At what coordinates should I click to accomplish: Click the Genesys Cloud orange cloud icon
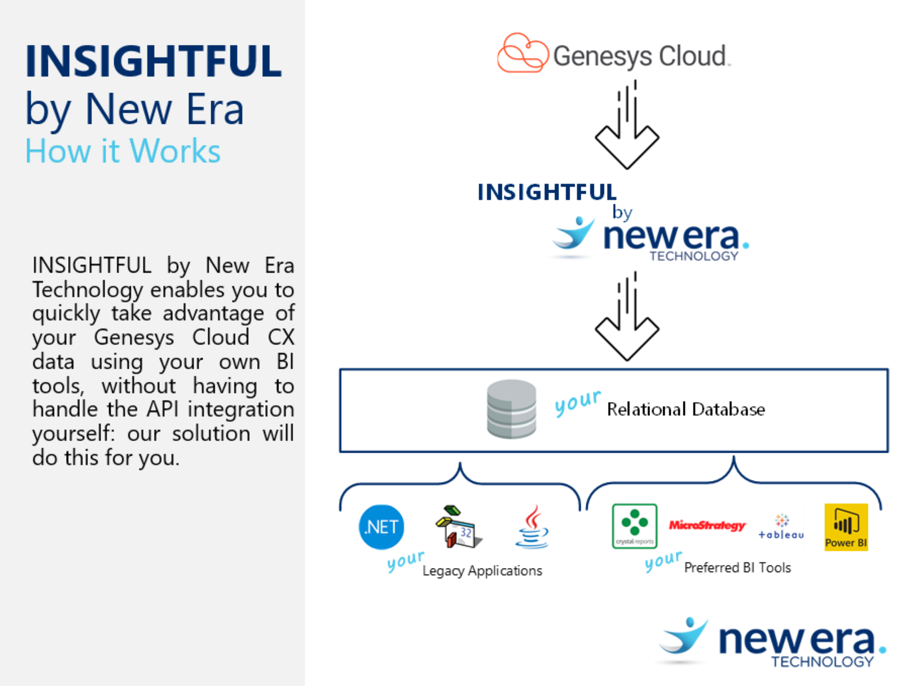(523, 53)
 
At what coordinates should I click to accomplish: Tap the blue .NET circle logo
(381, 527)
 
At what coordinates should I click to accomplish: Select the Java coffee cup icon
(532, 527)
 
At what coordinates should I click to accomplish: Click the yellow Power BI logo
(846, 527)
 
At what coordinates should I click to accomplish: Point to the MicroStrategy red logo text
(707, 525)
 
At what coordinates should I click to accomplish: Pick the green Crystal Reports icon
(635, 526)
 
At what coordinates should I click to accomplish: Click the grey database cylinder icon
(512, 409)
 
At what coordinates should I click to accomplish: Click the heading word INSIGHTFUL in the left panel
(153, 62)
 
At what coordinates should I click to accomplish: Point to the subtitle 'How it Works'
(123, 151)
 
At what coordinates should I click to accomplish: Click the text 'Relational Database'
(686, 409)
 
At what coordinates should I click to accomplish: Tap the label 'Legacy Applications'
(482, 571)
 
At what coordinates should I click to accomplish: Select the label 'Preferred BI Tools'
(737, 568)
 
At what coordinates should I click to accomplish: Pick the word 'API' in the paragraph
(162, 409)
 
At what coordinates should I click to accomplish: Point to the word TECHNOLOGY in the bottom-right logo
(822, 662)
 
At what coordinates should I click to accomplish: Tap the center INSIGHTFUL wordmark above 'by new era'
(547, 192)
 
